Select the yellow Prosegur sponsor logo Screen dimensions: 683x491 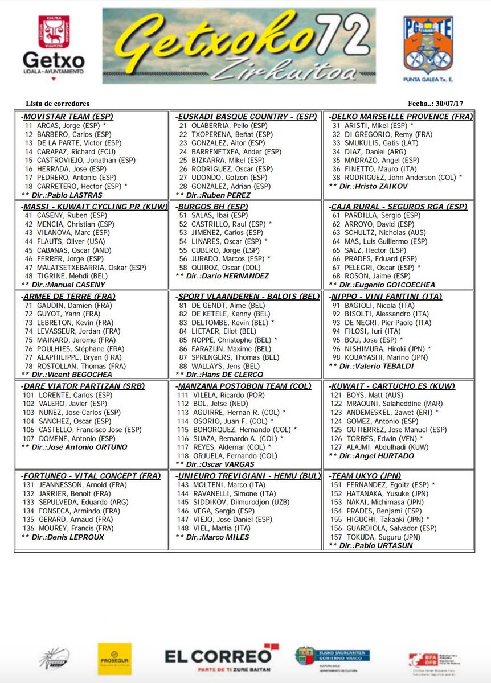pyautogui.click(x=114, y=659)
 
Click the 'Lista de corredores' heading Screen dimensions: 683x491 pyautogui.click(x=58, y=104)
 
